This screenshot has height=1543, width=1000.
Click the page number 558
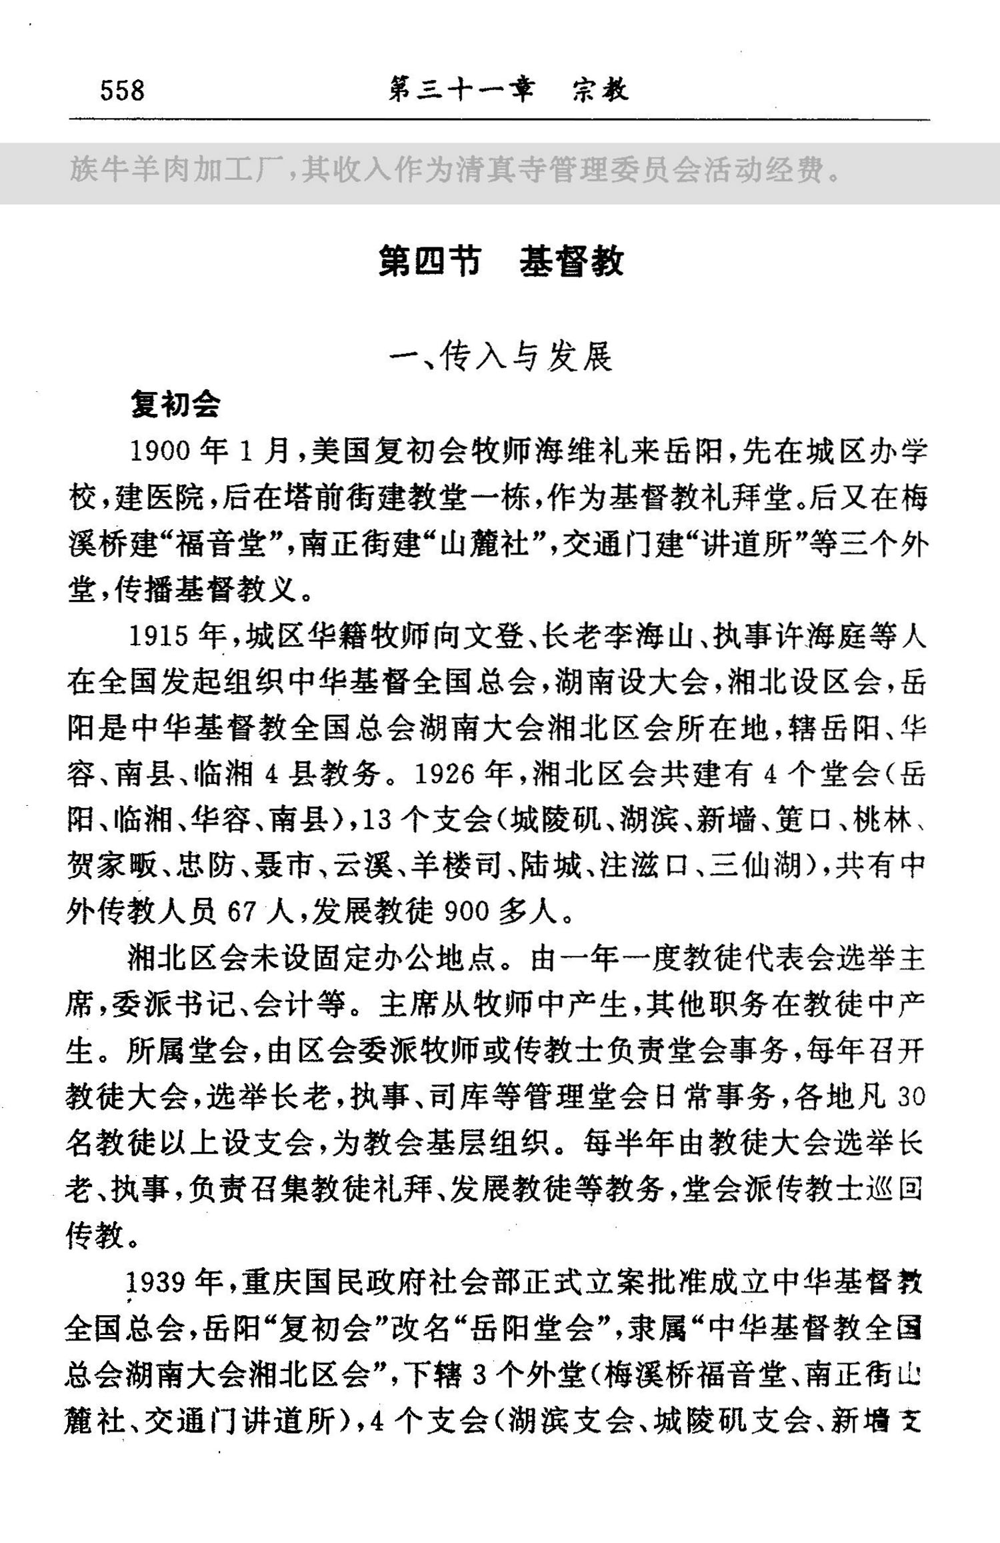[122, 90]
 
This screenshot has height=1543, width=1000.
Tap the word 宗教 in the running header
[600, 90]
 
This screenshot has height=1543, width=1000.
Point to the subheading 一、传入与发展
[501, 357]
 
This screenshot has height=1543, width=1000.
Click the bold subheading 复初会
[175, 404]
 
